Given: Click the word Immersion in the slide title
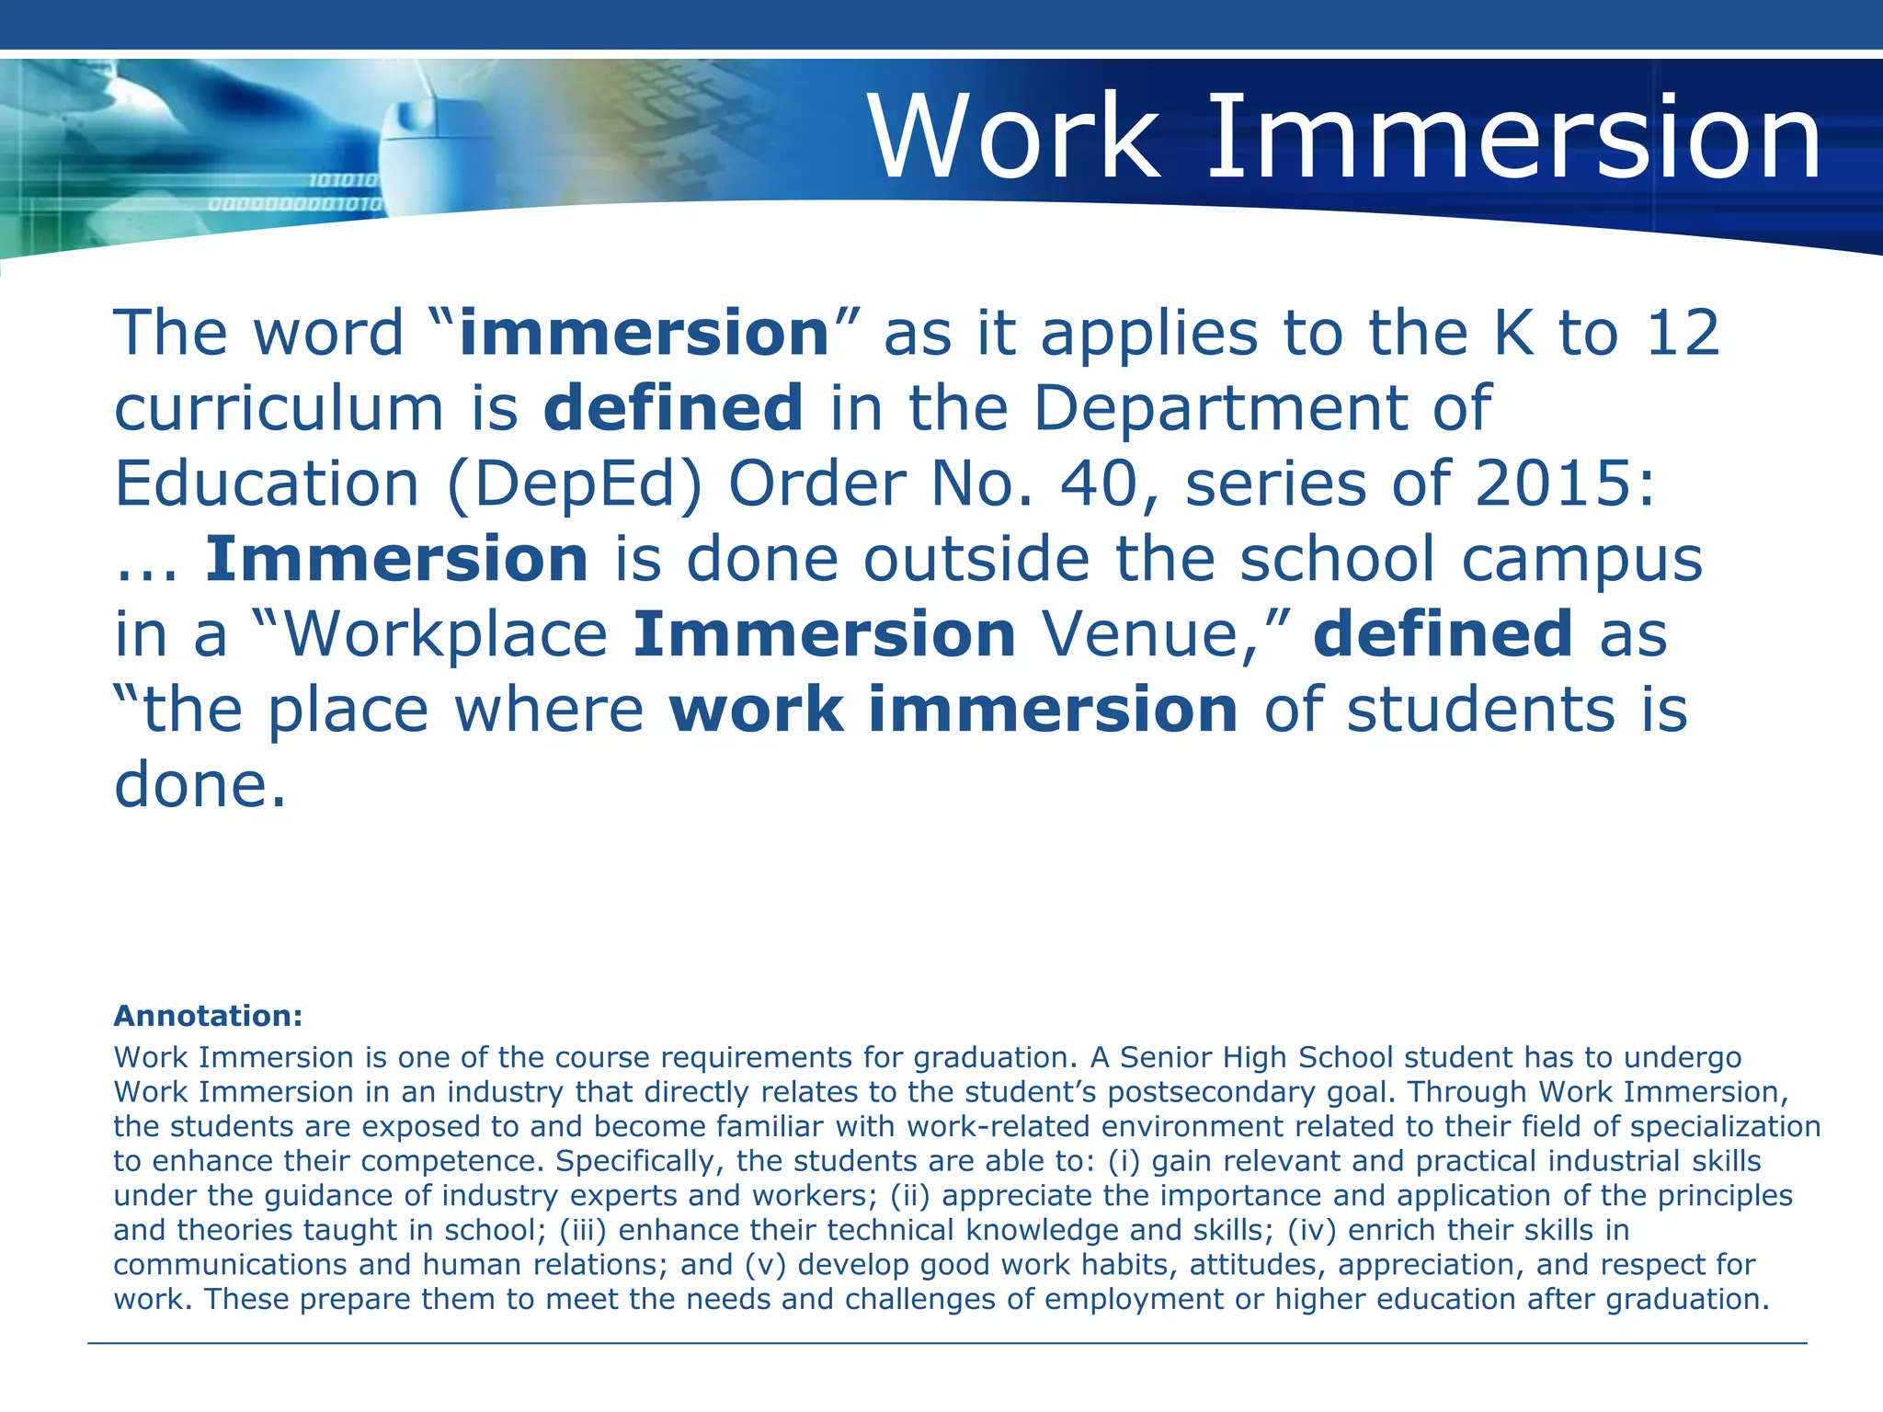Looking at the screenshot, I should point(1513,138).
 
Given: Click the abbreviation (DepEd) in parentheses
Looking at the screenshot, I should point(575,484).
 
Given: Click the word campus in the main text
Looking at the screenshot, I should point(1581,559).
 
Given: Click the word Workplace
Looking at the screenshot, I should point(446,634).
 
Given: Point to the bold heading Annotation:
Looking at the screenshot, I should point(208,1016).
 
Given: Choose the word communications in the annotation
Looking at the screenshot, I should point(230,1265).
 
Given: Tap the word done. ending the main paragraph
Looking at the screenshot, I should point(200,786).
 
